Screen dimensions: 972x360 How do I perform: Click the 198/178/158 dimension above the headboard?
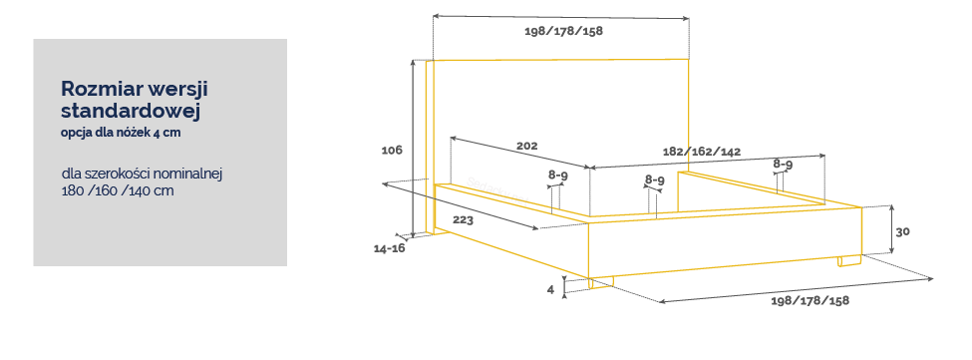[563, 31]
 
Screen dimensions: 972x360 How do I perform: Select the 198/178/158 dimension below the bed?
[810, 300]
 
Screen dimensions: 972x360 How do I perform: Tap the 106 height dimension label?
[392, 150]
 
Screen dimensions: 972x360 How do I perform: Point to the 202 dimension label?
[527, 147]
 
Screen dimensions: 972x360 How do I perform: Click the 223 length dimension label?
[463, 220]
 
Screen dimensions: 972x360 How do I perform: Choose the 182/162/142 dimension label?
[702, 152]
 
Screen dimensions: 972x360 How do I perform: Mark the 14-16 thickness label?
[389, 248]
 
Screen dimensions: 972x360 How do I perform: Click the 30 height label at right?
[903, 231]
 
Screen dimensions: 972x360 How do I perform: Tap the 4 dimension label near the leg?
[550, 289]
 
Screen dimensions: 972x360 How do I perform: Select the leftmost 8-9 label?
[558, 176]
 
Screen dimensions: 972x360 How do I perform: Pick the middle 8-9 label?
[655, 180]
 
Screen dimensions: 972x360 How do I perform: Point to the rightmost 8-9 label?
[783, 165]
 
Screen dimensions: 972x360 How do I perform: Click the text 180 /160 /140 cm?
[118, 190]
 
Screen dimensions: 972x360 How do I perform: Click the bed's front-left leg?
[601, 282]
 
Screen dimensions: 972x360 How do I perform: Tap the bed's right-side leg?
[849, 261]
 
